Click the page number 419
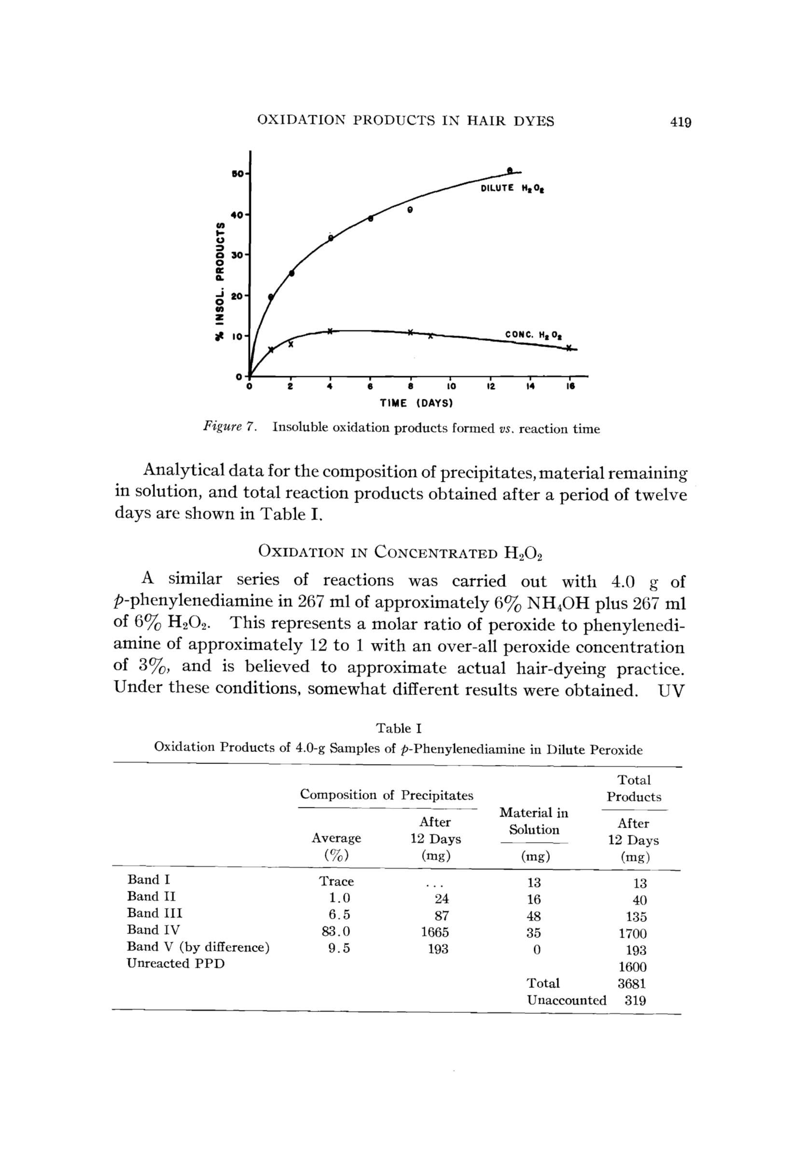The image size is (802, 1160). pyautogui.click(x=680, y=122)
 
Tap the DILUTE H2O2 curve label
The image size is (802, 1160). pyautogui.click(x=512, y=189)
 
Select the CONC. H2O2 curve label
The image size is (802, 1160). pyautogui.click(x=533, y=334)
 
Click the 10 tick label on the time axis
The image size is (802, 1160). pyautogui.click(x=451, y=387)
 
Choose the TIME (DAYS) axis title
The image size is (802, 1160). pyautogui.click(x=416, y=403)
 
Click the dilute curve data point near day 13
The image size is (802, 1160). pyautogui.click(x=510, y=170)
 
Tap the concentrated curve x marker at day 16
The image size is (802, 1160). pyautogui.click(x=569, y=348)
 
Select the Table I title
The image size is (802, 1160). pyautogui.click(x=399, y=728)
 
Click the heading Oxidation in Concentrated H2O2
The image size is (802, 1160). pyautogui.click(x=401, y=551)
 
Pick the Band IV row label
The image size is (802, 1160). pyautogui.click(x=153, y=930)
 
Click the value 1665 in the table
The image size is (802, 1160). pyautogui.click(x=435, y=932)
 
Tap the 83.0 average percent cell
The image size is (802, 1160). pyautogui.click(x=336, y=931)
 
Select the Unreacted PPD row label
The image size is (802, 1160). pyautogui.click(x=175, y=963)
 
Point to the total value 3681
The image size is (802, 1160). pyautogui.click(x=632, y=983)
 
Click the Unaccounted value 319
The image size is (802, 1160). pyautogui.click(x=635, y=1000)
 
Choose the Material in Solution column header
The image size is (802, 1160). pyautogui.click(x=534, y=821)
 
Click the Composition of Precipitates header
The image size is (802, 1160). pyautogui.click(x=387, y=795)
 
